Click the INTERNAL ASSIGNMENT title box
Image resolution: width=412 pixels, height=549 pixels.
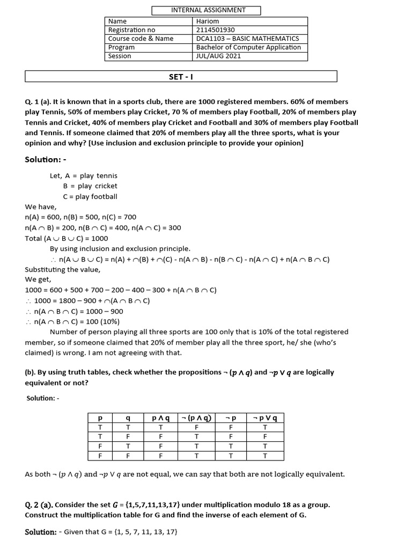(208, 10)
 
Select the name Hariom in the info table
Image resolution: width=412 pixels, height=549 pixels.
(208, 21)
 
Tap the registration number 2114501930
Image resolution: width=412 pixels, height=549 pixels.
(216, 30)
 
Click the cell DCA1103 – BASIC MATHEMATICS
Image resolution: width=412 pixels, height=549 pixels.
(248, 39)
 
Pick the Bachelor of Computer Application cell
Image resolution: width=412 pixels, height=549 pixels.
(248, 47)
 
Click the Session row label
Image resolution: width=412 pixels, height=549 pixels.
(120, 56)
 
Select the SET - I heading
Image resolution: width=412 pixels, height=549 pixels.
(181, 77)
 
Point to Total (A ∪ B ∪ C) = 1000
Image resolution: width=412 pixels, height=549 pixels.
(67, 238)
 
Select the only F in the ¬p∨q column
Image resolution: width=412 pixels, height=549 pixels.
(264, 436)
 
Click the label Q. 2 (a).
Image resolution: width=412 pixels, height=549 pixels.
(39, 505)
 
